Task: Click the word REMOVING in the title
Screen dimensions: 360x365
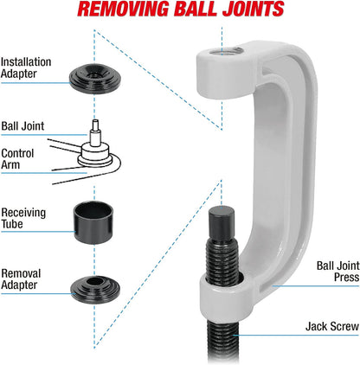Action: point(123,10)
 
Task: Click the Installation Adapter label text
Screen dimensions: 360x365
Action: point(26,67)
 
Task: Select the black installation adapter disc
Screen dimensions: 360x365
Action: point(94,78)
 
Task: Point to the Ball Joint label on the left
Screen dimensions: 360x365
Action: point(22,126)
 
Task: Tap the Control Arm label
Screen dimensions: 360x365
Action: point(17,159)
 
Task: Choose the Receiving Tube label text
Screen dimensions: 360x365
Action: point(23,218)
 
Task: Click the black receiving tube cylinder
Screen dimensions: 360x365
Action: point(93,222)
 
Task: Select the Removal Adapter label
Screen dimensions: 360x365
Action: point(21,279)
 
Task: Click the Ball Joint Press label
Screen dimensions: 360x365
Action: point(337,272)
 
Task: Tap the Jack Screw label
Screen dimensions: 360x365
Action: point(332,327)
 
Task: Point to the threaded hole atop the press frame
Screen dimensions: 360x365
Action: point(226,52)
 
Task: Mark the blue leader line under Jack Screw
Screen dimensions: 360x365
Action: point(296,335)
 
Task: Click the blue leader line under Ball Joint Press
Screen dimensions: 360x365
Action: point(316,286)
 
